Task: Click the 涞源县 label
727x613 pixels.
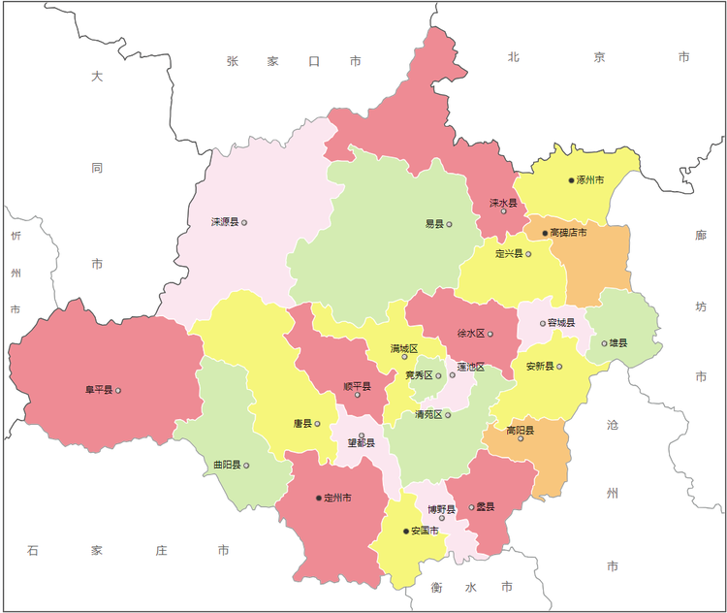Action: (225, 222)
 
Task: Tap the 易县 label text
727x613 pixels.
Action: (433, 224)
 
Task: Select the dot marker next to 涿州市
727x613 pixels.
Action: (571, 180)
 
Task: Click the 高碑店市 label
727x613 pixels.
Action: (568, 233)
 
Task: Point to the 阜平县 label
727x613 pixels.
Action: (99, 390)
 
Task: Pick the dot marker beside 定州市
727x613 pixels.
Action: (319, 498)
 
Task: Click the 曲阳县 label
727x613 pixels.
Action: (227, 466)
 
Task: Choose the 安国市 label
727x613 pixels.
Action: (425, 531)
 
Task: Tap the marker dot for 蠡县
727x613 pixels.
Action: (472, 507)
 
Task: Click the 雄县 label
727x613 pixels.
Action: (617, 342)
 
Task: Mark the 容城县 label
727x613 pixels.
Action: (561, 323)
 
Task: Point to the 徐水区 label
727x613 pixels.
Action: (471, 334)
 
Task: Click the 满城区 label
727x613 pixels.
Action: (404, 347)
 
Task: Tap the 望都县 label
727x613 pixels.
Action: (361, 443)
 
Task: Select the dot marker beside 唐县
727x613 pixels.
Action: (317, 424)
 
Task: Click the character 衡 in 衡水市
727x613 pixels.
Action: (437, 587)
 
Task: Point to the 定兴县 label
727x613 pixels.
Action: (509, 254)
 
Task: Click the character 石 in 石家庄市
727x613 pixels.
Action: (33, 550)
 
